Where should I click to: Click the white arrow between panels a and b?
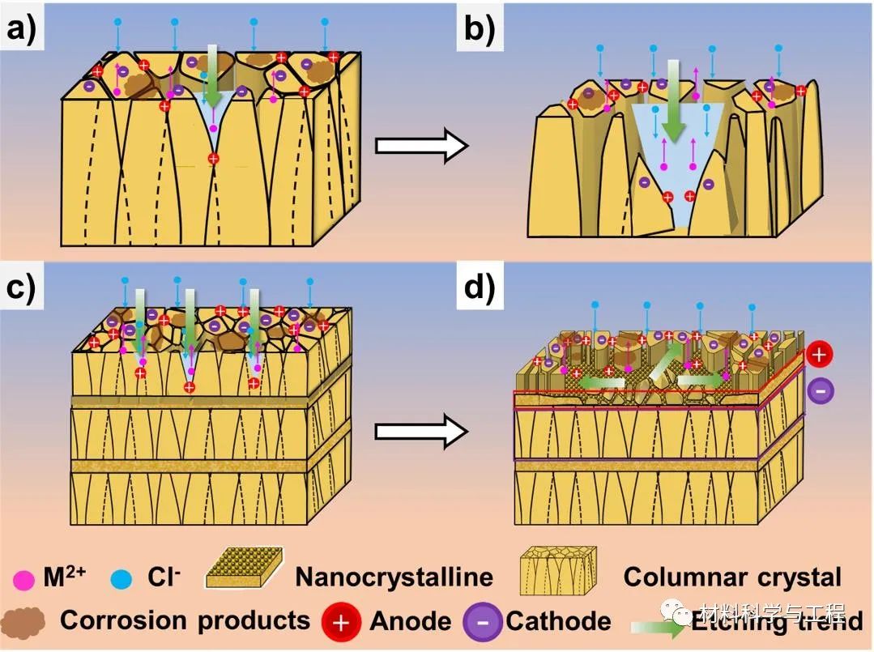click(x=421, y=147)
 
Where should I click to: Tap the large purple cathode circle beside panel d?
click(x=820, y=390)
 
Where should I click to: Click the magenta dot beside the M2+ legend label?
click(x=24, y=578)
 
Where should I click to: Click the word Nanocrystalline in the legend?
click(x=394, y=577)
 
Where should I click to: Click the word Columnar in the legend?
click(x=678, y=577)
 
